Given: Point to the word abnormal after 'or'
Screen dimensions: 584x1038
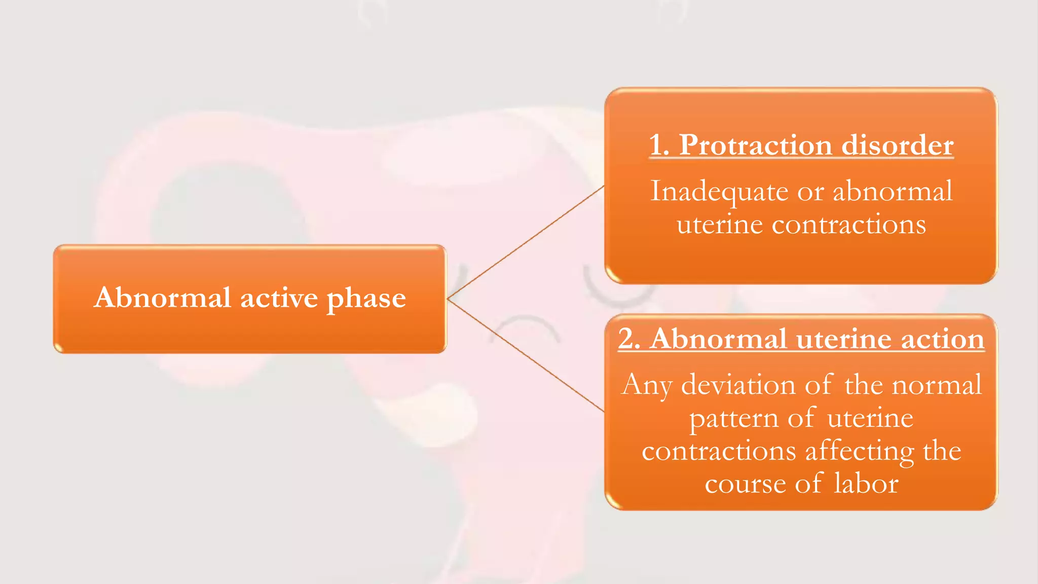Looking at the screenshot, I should [x=893, y=191].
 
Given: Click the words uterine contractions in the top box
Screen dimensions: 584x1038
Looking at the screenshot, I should [x=801, y=224].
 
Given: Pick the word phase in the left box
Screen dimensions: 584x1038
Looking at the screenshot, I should [x=366, y=299].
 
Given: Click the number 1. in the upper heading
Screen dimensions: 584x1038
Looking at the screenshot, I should [x=659, y=145].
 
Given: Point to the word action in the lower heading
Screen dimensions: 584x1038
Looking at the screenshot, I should [x=943, y=339].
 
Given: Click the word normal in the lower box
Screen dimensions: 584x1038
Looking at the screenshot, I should [x=937, y=385].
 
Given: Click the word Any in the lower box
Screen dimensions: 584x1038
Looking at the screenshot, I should [x=646, y=385].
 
